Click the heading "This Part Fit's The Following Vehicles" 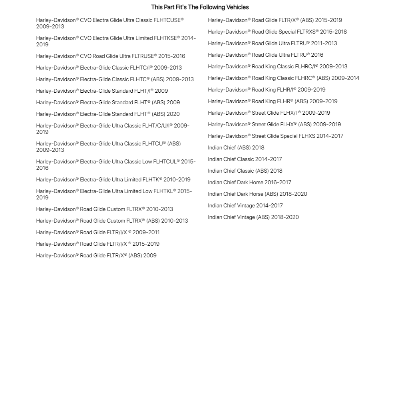(x=200, y=7)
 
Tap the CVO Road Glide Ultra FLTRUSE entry (x=110, y=56)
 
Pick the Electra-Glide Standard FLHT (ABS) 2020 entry (x=107, y=114)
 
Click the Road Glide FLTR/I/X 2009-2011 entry (x=98, y=232)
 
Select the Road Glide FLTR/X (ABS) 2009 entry (x=96, y=255)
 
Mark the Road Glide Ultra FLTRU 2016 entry (x=265, y=55)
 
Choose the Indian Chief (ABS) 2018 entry (x=236, y=147)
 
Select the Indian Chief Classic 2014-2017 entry (x=245, y=159)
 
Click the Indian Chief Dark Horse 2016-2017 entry (x=249, y=182)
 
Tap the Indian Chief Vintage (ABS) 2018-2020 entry (x=253, y=217)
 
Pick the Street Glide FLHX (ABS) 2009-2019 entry (x=274, y=124)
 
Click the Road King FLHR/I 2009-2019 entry (x=267, y=90)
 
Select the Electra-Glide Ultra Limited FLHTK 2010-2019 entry (x=113, y=179)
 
